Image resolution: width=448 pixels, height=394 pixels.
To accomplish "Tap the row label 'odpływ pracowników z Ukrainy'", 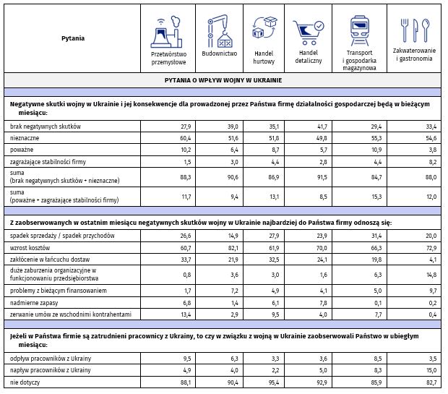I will click(50, 359).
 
